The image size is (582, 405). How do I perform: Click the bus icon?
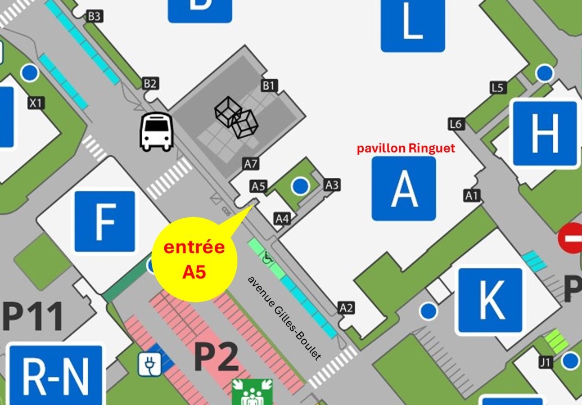pyautogui.click(x=156, y=132)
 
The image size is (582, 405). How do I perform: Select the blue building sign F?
pyautogui.click(x=105, y=222)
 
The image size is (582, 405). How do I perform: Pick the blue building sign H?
pyautogui.click(x=544, y=133)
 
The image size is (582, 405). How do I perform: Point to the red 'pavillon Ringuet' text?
pyautogui.click(x=406, y=148)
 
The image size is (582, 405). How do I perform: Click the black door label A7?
pyautogui.click(x=251, y=164)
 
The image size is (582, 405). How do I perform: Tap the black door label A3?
pyautogui.click(x=332, y=184)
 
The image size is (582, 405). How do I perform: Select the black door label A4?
pyautogui.click(x=282, y=218)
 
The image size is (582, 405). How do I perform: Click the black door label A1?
pyautogui.click(x=472, y=195)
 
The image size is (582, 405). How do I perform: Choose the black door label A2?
pyautogui.click(x=346, y=308)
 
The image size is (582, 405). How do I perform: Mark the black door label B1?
pyautogui.click(x=269, y=85)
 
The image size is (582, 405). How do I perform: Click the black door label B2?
pyautogui.click(x=150, y=83)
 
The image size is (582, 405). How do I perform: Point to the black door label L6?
pyautogui.click(x=456, y=124)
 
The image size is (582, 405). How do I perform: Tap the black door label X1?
pyautogui.click(x=36, y=103)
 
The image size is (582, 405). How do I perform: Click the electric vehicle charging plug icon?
pyautogui.click(x=150, y=364)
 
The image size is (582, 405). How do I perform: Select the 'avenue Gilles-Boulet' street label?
pyautogui.click(x=285, y=318)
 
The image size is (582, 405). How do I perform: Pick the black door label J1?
pyautogui.click(x=545, y=362)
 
